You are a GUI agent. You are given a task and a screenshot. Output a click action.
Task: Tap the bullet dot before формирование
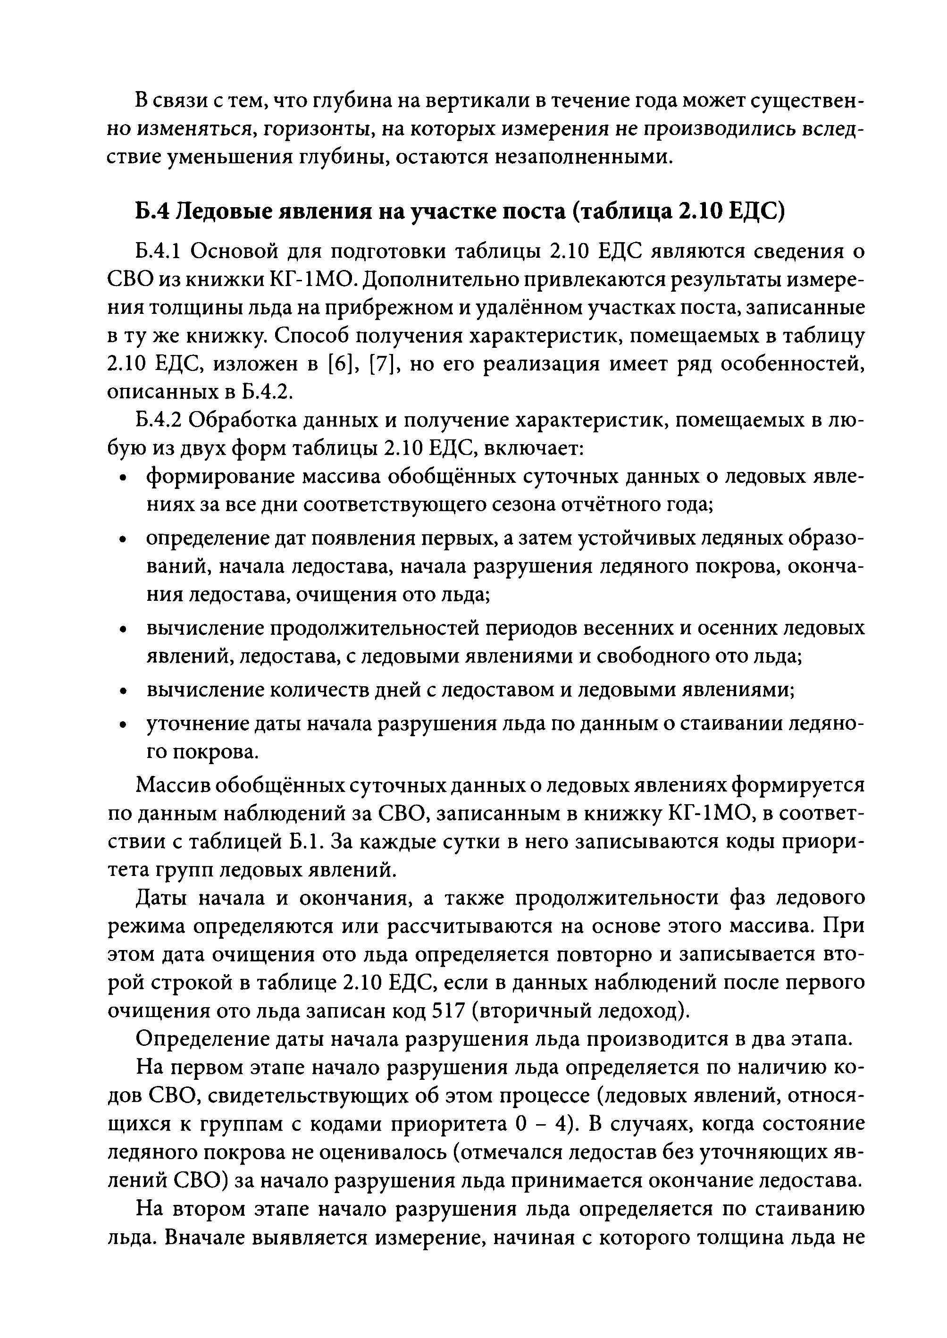pyautogui.click(x=122, y=478)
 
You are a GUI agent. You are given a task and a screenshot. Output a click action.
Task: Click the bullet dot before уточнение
pyautogui.click(x=122, y=725)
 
